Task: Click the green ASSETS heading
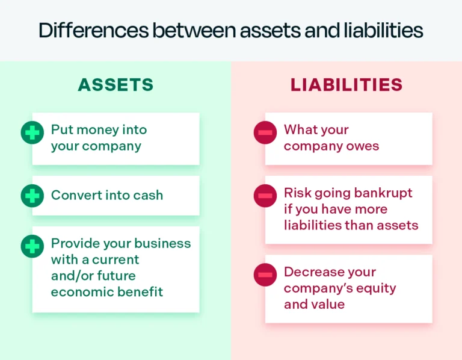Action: click(x=115, y=85)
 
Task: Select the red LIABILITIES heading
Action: click(x=346, y=85)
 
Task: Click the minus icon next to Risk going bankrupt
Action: click(x=265, y=196)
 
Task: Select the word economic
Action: click(x=80, y=292)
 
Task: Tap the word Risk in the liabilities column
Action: click(x=297, y=193)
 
